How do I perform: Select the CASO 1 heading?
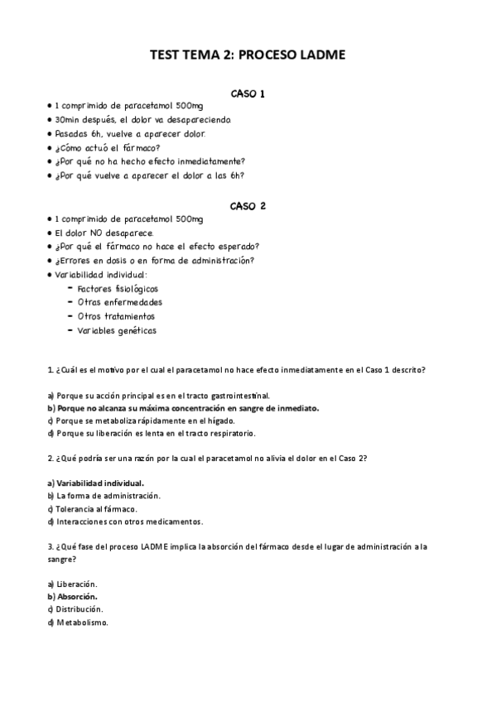pyautogui.click(x=248, y=94)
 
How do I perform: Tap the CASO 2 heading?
pyautogui.click(x=248, y=205)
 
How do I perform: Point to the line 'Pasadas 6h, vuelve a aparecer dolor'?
pyautogui.click(x=130, y=134)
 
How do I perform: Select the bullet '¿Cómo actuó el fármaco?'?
pyautogui.click(x=107, y=148)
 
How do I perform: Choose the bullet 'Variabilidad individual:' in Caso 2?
pyautogui.click(x=100, y=274)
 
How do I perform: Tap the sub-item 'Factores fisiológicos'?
pyautogui.click(x=117, y=289)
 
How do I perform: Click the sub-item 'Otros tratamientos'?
pyautogui.click(x=115, y=316)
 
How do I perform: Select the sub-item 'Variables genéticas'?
pyautogui.click(x=116, y=331)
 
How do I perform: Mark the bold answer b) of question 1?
pyautogui.click(x=183, y=408)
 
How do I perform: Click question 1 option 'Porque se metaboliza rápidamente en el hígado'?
pyautogui.click(x=164, y=421)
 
